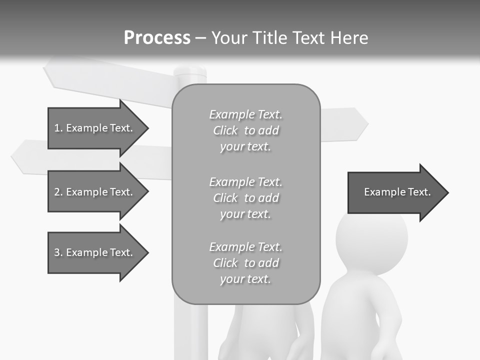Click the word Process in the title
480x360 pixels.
click(x=157, y=37)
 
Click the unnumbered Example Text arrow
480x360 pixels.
click(x=397, y=192)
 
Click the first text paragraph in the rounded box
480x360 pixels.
click(x=245, y=130)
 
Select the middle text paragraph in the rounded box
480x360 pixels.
click(x=245, y=198)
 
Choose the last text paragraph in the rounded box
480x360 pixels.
click(x=245, y=263)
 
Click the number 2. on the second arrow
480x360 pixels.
click(x=58, y=192)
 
